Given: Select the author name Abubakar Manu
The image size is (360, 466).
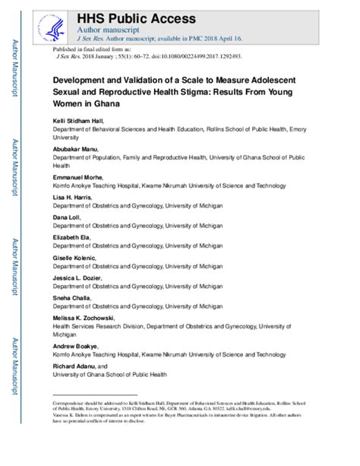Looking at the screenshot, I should point(74,151).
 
